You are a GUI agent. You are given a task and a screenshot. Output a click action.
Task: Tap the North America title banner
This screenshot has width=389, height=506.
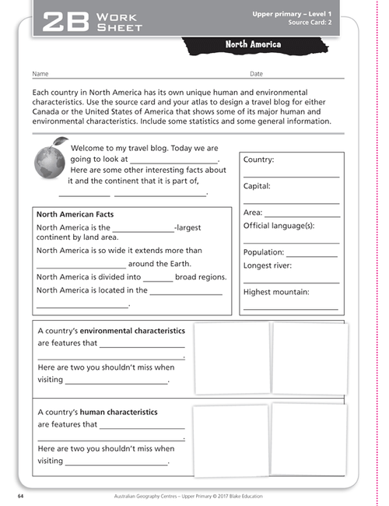tap(253, 44)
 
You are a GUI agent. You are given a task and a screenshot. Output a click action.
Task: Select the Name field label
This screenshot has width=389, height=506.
tap(40, 74)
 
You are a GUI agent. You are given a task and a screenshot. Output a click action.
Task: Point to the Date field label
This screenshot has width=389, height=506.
tap(256, 74)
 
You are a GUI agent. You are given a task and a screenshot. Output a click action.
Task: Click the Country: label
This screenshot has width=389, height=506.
tap(258, 160)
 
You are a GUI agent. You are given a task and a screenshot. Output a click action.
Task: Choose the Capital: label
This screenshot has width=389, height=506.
tap(257, 186)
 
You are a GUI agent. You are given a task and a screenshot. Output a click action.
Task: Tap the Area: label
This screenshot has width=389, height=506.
tap(252, 212)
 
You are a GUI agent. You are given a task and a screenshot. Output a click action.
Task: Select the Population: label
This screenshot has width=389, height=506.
tap(263, 252)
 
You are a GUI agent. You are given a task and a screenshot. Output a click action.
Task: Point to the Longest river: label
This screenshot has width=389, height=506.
tap(268, 265)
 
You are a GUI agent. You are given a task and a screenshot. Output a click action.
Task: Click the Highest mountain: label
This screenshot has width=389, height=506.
tap(276, 292)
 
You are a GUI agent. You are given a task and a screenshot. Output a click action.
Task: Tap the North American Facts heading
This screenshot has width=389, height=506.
tap(75, 214)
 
